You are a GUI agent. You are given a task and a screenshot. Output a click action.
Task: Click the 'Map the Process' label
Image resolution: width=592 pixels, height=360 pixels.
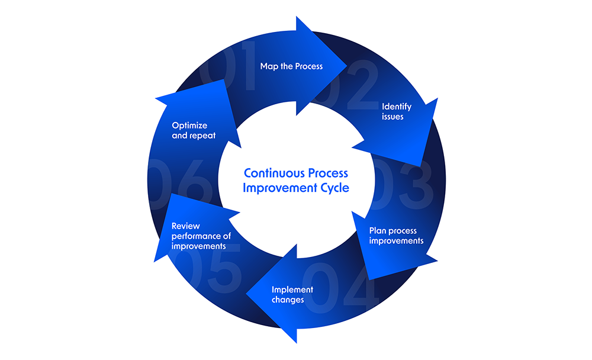coord(291,66)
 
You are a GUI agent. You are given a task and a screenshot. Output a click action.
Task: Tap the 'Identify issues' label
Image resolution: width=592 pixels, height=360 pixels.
coord(396,111)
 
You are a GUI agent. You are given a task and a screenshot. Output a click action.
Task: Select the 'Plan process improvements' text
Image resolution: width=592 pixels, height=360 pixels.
coord(396,236)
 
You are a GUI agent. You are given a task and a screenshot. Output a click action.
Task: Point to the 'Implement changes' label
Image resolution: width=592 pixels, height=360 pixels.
coord(292,294)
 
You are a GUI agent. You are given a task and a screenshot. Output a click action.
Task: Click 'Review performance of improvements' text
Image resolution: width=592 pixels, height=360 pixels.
coord(198,236)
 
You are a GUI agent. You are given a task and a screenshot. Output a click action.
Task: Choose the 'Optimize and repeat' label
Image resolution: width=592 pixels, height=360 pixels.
coord(194,130)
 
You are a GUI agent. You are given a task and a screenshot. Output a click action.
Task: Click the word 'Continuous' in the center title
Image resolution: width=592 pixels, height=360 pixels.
coord(271,173)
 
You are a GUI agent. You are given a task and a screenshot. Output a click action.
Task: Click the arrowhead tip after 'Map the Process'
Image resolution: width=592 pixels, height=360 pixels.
coord(346,66)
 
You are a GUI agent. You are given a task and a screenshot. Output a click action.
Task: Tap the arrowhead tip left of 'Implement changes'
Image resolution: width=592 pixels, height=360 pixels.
coord(247,292)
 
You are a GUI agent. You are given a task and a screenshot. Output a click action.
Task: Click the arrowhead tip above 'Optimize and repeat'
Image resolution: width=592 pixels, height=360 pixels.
coord(225,80)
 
